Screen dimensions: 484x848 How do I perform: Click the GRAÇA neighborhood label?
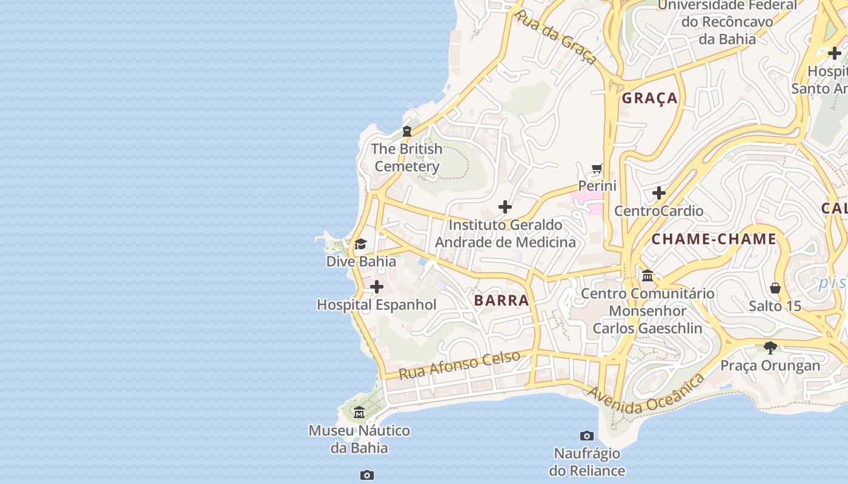pyautogui.click(x=650, y=98)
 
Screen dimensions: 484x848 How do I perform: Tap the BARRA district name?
pyautogui.click(x=502, y=300)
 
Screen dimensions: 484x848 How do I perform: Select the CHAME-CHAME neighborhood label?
pyautogui.click(x=714, y=239)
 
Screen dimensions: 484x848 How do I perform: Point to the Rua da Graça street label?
pyautogui.click(x=555, y=37)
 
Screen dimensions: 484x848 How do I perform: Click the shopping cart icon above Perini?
pyautogui.click(x=597, y=169)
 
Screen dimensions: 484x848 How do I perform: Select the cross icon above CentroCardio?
pyautogui.click(x=659, y=194)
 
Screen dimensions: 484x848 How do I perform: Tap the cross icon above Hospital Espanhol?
pyautogui.click(x=377, y=287)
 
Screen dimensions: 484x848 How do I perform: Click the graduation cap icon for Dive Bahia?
pyautogui.click(x=360, y=244)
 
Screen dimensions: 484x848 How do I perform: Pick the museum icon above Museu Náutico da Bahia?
pyautogui.click(x=359, y=413)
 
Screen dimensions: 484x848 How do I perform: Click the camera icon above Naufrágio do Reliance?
pyautogui.click(x=586, y=436)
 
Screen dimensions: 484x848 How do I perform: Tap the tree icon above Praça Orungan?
pyautogui.click(x=770, y=348)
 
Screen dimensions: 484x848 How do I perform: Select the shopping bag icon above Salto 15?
pyautogui.click(x=775, y=288)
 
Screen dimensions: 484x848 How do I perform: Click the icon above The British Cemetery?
pyautogui.click(x=407, y=131)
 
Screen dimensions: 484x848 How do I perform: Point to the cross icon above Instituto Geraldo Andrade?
pyautogui.click(x=505, y=208)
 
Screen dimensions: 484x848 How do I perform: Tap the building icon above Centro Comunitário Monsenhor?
pyautogui.click(x=648, y=276)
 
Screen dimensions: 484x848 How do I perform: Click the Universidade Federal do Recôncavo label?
pyautogui.click(x=727, y=22)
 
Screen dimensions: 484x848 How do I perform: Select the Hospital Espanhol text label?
pyautogui.click(x=376, y=304)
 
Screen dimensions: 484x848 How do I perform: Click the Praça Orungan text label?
pyautogui.click(x=770, y=365)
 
